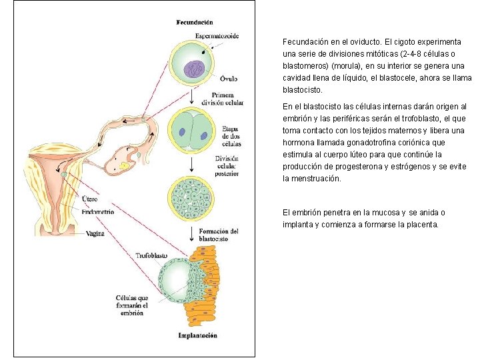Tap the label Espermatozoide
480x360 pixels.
(217, 35)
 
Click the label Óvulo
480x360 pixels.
(228, 79)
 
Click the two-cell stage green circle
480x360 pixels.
(192, 130)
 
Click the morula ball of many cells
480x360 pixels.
(192, 198)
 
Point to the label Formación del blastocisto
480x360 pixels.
(219, 234)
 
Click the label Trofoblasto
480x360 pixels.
(151, 255)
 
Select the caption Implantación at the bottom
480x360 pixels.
(197, 335)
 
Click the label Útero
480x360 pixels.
(89, 199)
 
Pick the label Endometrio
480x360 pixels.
(97, 211)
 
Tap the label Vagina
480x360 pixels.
(94, 233)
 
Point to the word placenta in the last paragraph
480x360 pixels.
(420, 225)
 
